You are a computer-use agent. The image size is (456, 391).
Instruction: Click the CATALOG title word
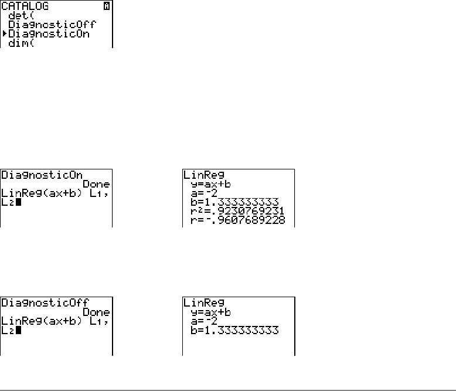coord(25,6)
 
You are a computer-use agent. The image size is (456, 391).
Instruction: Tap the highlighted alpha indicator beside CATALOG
coord(107,6)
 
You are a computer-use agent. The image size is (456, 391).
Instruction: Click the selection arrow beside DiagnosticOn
coord(4,34)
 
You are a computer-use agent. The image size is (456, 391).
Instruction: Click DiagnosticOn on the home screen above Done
coord(41,175)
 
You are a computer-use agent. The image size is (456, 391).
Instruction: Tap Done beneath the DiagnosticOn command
coord(96,183)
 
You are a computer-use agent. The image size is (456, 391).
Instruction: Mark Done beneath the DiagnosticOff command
coord(96,312)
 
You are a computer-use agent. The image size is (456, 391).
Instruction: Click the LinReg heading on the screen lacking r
coord(202,302)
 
